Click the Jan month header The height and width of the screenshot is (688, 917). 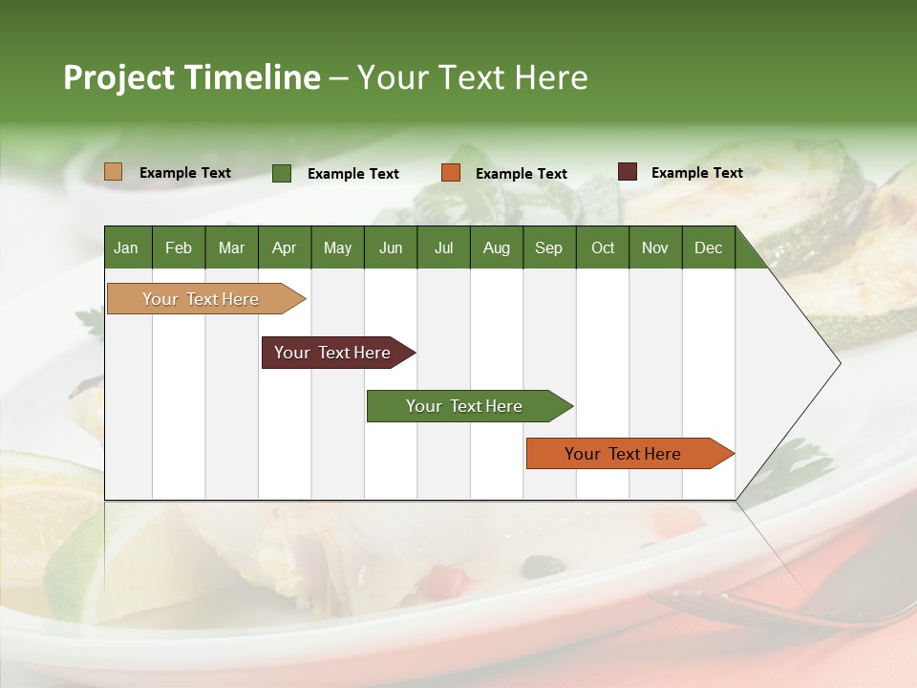click(126, 247)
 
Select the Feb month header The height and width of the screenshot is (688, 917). click(179, 247)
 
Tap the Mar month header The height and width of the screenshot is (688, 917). click(231, 247)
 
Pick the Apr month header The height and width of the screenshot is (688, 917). click(285, 247)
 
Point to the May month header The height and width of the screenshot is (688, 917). click(337, 247)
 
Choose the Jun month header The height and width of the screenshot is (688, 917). click(391, 247)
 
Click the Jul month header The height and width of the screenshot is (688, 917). click(443, 247)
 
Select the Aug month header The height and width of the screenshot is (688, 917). click(497, 247)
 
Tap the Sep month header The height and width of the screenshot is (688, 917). click(548, 247)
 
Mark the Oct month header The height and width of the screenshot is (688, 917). click(603, 247)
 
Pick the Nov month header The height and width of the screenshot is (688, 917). click(655, 247)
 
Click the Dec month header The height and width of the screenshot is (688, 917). click(708, 247)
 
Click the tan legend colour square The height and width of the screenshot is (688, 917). click(114, 172)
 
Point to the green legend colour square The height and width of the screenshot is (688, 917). click(282, 173)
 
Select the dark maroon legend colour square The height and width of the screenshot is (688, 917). click(628, 172)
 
